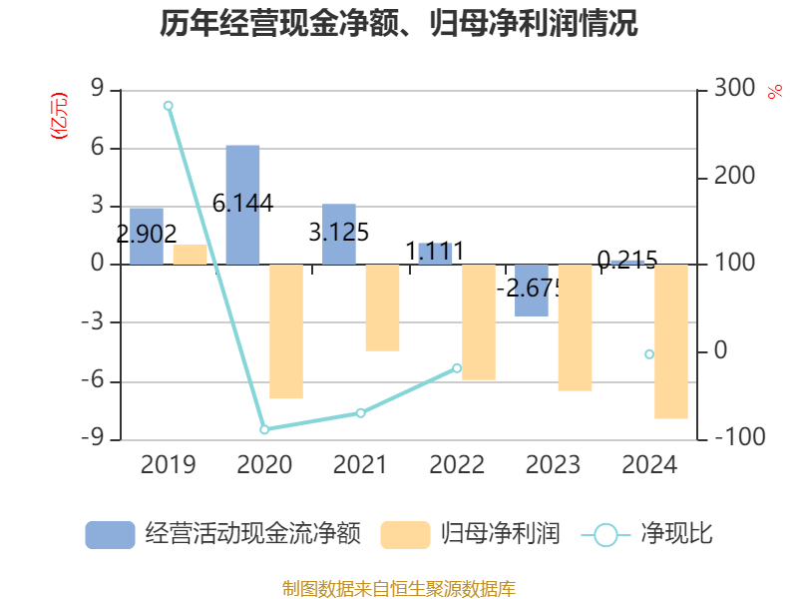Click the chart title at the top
tap(399, 24)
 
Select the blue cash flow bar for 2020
tap(242, 205)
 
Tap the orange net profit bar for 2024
tap(671, 341)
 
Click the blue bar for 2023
tap(532, 291)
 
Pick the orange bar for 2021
tap(382, 307)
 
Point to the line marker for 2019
tap(168, 105)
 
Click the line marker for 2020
tap(264, 429)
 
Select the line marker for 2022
tap(457, 367)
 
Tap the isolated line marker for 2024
tap(649, 354)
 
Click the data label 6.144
tap(242, 204)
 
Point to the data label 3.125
tap(339, 233)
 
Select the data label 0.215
tap(627, 261)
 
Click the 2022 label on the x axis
tap(457, 464)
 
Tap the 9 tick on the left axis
tap(97, 90)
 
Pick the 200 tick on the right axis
tap(733, 177)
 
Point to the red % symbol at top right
tap(774, 92)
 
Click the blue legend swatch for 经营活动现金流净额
tap(110, 535)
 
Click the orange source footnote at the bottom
tap(399, 589)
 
